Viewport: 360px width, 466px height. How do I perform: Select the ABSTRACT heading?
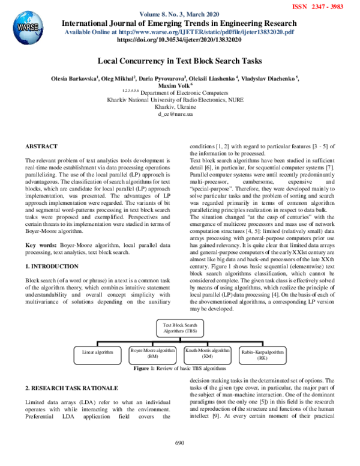coord(41,147)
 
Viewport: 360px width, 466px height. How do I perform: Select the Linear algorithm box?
coord(97,352)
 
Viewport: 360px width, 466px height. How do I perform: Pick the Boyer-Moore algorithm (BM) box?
coord(152,353)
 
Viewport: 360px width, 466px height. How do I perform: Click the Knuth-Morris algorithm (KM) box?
coord(207,353)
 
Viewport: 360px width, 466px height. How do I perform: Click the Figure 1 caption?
coord(179,368)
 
